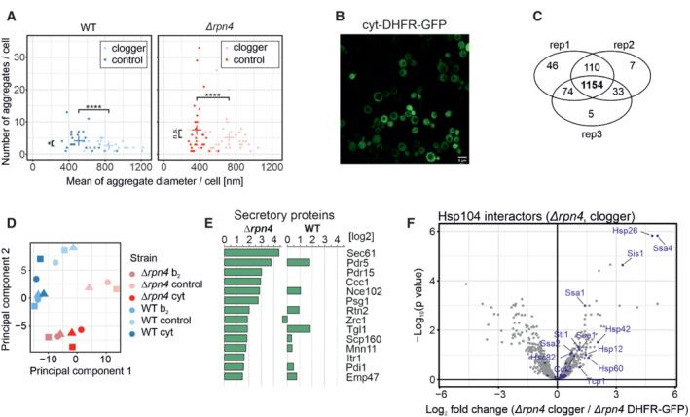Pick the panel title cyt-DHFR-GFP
point(393,16)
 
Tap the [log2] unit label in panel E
point(344,237)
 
